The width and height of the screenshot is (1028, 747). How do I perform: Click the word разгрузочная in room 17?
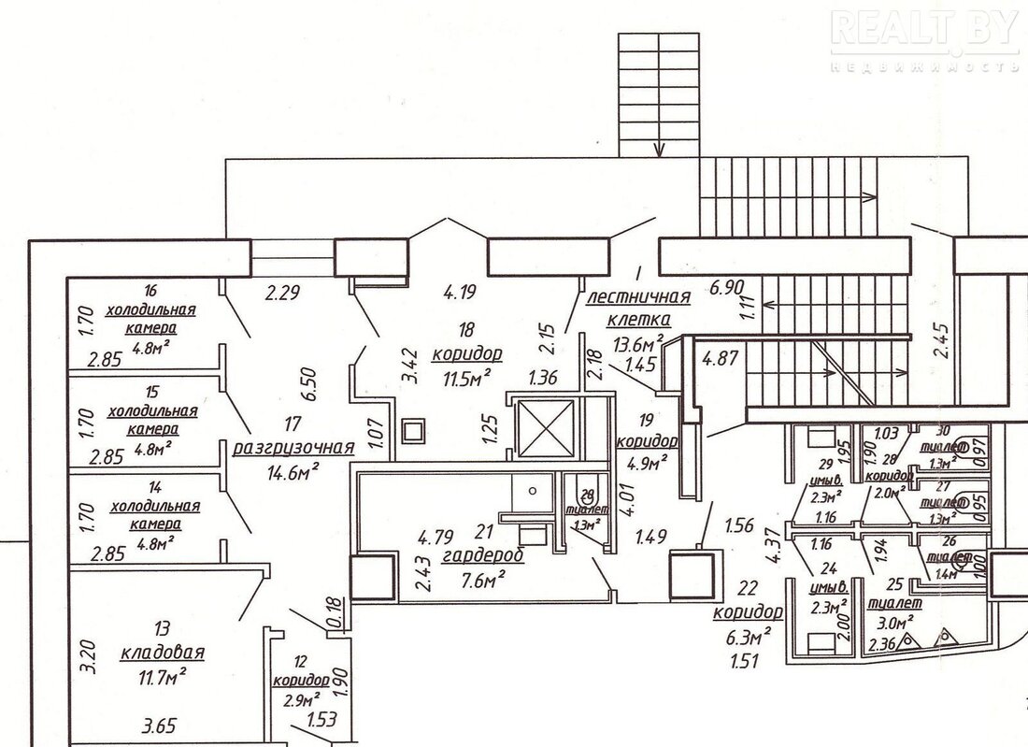pyautogui.click(x=293, y=445)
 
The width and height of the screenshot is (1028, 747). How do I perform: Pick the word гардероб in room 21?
pyautogui.click(x=483, y=555)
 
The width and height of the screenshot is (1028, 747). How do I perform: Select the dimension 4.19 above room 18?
pyautogui.click(x=461, y=292)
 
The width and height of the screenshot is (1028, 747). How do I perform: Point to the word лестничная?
pyautogui.click(x=639, y=298)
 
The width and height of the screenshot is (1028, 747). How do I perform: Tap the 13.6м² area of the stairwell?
pyautogui.click(x=639, y=341)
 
